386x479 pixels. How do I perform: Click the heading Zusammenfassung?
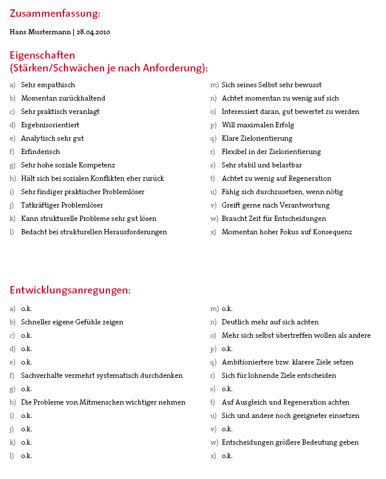55,13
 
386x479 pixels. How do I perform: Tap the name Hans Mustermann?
40,31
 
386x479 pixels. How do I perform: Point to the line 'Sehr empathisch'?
48,85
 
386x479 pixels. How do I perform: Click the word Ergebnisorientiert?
50,125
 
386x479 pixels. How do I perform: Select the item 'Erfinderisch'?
40,152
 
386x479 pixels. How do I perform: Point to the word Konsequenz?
327,232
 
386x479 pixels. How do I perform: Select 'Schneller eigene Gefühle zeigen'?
72,322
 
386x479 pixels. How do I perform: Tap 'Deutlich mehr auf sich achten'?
270,322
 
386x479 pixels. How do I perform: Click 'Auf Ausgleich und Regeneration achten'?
285,402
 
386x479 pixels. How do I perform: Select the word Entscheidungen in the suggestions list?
248,442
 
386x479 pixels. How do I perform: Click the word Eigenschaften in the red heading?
42,56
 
